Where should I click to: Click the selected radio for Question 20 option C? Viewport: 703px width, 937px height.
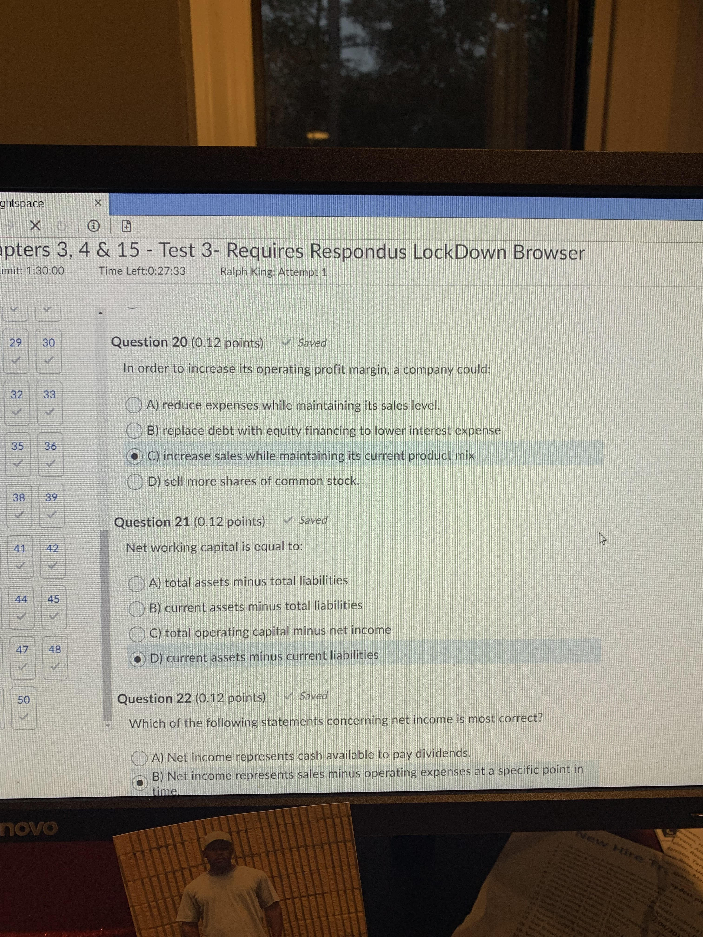tap(134, 456)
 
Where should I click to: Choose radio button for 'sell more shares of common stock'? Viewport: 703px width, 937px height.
tap(135, 482)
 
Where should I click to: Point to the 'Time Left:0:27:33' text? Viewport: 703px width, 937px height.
tap(142, 271)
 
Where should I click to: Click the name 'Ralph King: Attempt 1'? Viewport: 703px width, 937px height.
tap(273, 272)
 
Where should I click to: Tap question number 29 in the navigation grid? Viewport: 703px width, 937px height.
tap(16, 343)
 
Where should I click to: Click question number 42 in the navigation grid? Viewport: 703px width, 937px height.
tap(53, 549)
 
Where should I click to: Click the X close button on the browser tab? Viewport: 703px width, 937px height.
tap(98, 203)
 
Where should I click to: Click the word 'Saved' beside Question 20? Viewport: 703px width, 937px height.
tap(312, 343)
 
